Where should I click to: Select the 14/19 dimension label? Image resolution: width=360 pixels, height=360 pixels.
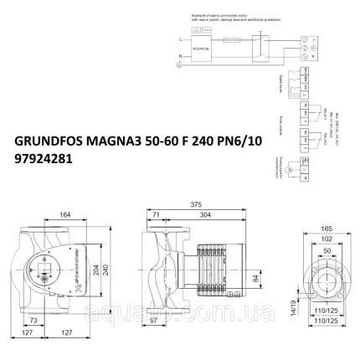point(294,310)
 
